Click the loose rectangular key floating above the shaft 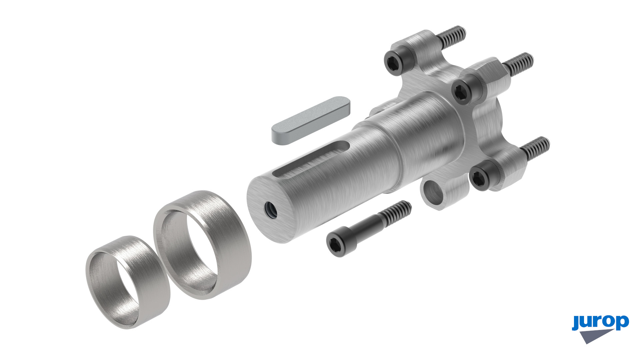pyautogui.click(x=311, y=121)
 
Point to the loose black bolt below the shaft pyautogui.click(x=369, y=229)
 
